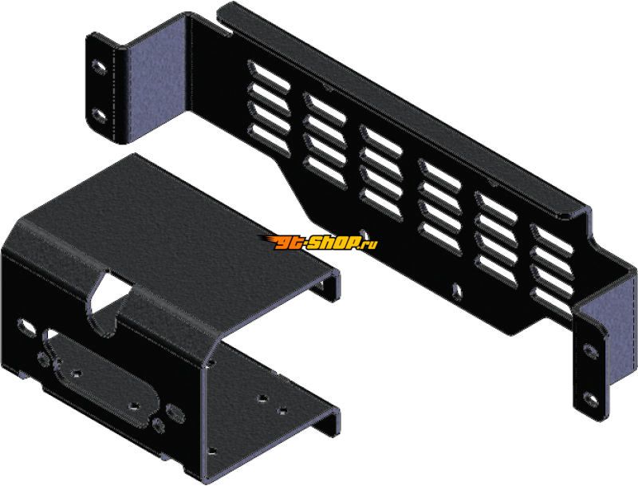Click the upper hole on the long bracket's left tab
click(98, 67)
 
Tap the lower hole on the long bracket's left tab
click(98, 116)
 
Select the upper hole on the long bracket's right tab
click(590, 351)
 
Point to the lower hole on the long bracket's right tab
click(590, 399)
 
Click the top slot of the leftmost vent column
click(269, 75)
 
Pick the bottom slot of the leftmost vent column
click(269, 139)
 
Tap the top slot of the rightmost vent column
click(552, 240)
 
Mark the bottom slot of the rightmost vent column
click(552, 304)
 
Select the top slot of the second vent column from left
click(325, 109)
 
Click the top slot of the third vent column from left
click(381, 140)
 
